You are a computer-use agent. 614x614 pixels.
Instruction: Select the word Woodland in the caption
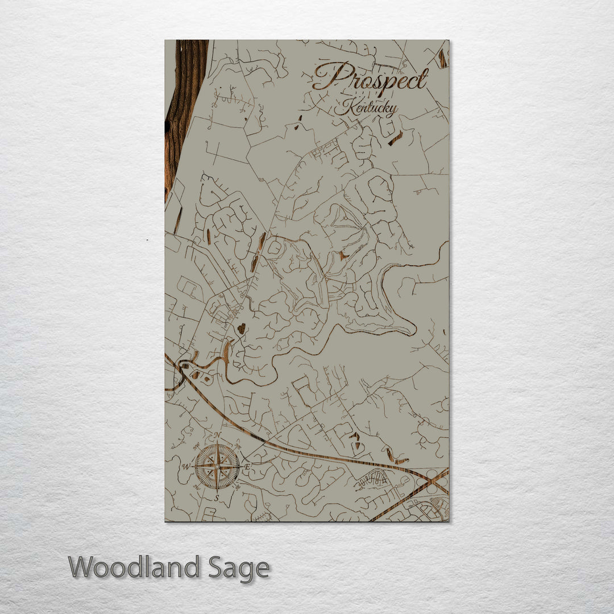(x=134, y=568)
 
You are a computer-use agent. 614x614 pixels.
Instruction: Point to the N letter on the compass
(x=217, y=435)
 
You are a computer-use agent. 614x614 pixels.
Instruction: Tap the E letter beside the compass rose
(x=247, y=467)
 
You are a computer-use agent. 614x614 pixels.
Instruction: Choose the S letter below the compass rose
(x=217, y=498)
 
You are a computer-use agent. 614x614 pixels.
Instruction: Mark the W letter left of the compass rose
(x=185, y=467)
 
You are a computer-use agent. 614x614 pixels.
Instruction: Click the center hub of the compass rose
(x=217, y=467)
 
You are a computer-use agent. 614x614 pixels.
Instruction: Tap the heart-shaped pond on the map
(x=241, y=329)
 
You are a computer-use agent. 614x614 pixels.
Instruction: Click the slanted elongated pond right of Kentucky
(x=396, y=138)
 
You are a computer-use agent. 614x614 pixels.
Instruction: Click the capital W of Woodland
(x=83, y=568)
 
